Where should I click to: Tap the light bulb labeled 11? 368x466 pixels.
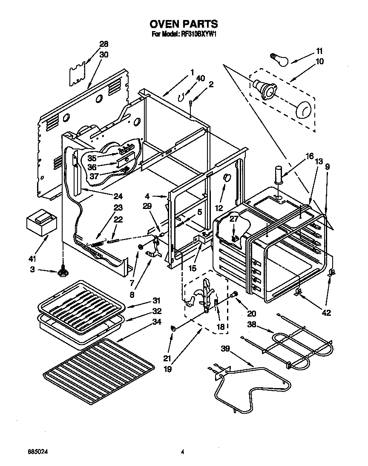279,58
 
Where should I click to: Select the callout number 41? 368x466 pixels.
33,258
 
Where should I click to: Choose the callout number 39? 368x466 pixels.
225,349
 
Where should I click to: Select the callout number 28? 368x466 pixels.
104,44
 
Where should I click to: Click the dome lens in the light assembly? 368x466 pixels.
303,111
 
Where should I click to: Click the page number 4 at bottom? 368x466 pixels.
182,452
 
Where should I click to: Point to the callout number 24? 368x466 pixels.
118,196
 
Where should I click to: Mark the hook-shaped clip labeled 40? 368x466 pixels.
184,97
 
